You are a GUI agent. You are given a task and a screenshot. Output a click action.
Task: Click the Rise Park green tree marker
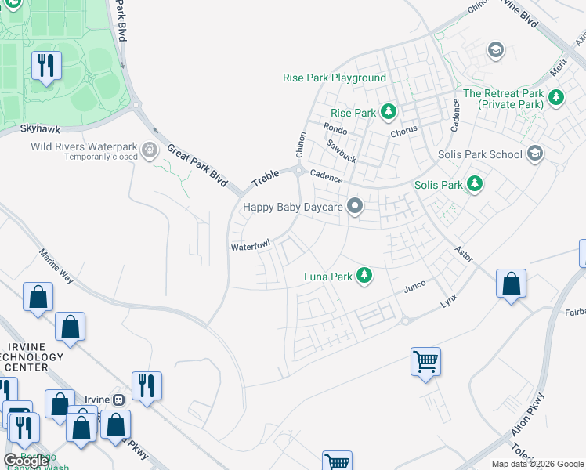(387, 113)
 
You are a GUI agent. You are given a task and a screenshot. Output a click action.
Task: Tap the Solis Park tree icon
(474, 185)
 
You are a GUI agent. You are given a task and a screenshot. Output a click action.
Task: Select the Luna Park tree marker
(364, 276)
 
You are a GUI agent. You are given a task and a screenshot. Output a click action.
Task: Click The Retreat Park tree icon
(556, 98)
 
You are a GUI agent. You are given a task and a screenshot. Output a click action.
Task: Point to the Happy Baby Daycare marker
(355, 207)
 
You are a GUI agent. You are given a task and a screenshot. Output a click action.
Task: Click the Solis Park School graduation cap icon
(535, 154)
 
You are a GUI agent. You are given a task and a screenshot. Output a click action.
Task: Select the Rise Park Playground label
(335, 78)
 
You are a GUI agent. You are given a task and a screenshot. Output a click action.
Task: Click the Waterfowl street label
(250, 247)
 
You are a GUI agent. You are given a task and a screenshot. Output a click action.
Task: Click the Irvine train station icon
(119, 399)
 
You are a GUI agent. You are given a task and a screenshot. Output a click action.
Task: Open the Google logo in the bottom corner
(27, 461)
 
